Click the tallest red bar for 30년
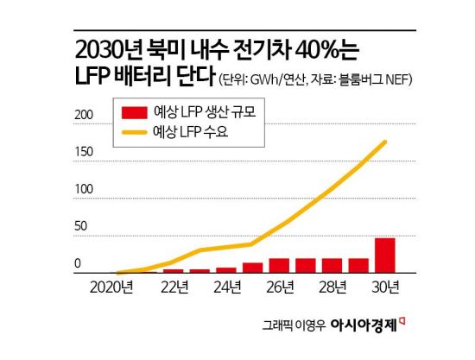385,255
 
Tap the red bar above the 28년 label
332,265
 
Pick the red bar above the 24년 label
226,269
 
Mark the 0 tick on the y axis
78,263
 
